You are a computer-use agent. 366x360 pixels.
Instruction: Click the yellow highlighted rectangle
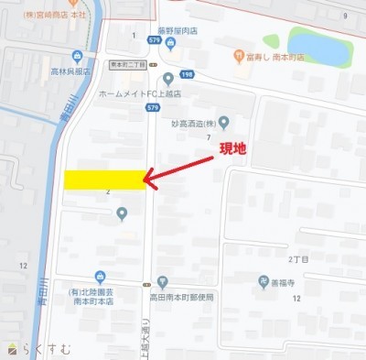point(104,179)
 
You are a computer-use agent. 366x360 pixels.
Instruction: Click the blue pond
point(318,46)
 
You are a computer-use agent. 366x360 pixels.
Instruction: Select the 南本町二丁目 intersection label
point(122,64)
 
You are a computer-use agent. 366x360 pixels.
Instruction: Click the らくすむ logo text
point(37,347)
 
